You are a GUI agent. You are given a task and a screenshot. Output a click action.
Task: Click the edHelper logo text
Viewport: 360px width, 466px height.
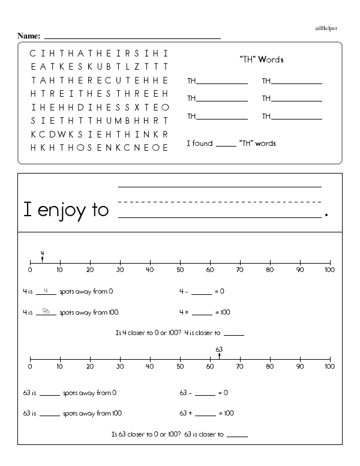click(326, 28)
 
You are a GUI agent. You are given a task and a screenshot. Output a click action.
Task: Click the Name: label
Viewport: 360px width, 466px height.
click(29, 36)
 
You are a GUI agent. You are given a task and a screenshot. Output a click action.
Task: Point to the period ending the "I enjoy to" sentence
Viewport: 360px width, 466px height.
click(326, 214)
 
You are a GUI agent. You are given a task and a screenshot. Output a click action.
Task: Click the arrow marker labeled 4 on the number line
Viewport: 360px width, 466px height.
click(42, 259)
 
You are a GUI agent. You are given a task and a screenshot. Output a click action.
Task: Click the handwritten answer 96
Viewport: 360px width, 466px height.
click(46, 311)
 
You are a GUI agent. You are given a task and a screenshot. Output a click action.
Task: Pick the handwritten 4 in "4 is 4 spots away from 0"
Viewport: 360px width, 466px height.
click(46, 291)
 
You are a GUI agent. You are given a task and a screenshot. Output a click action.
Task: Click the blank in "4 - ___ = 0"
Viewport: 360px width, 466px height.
click(202, 293)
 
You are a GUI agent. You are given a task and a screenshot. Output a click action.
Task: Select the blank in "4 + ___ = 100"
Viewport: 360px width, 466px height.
click(202, 313)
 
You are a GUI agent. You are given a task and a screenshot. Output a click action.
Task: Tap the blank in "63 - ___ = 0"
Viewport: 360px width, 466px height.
click(205, 394)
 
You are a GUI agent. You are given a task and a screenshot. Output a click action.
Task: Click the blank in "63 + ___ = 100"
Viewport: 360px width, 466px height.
click(205, 414)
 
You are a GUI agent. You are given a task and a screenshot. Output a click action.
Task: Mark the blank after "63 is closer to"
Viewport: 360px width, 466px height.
click(237, 435)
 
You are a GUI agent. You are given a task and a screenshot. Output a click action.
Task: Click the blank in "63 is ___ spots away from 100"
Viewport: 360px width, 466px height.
click(50, 414)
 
